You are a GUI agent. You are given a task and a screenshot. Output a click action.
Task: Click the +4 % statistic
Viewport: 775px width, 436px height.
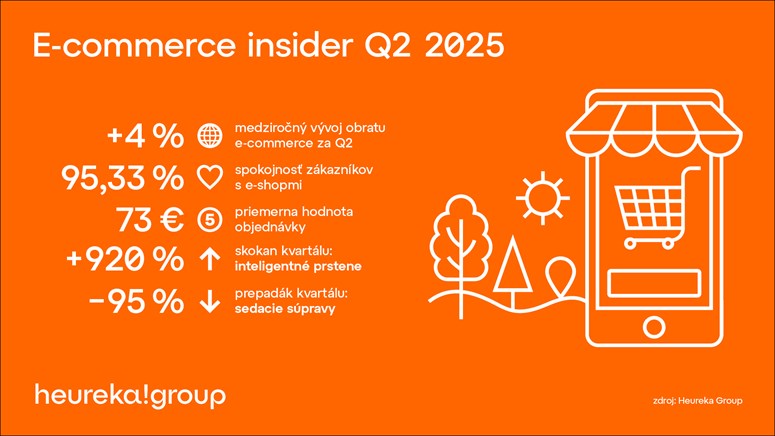tap(145, 136)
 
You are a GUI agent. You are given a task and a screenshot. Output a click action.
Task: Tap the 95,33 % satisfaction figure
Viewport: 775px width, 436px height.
tap(122, 178)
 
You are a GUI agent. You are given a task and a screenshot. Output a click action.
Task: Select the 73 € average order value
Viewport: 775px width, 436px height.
tap(150, 220)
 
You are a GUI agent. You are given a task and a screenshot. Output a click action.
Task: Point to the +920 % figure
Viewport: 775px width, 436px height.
tap(125, 259)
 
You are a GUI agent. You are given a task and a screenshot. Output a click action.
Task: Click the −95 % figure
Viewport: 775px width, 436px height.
tap(135, 301)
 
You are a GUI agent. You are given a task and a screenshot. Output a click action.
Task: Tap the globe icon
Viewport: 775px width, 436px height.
tap(210, 135)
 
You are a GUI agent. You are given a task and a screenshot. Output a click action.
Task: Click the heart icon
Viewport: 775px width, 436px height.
tap(210, 178)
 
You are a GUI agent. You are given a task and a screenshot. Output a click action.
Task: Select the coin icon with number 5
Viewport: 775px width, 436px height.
tap(210, 220)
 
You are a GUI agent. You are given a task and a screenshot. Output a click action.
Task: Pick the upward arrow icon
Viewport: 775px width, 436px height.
tap(210, 259)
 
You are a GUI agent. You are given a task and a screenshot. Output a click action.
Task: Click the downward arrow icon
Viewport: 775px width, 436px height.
tap(210, 301)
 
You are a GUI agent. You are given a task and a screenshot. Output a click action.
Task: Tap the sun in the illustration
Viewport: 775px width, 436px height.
tap(543, 198)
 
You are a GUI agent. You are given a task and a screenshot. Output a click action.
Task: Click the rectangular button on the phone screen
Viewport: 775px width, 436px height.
tap(654, 283)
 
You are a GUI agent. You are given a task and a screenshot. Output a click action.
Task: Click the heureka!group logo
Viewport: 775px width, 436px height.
tap(130, 395)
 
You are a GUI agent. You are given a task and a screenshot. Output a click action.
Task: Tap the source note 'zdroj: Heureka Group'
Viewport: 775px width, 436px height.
tap(697, 400)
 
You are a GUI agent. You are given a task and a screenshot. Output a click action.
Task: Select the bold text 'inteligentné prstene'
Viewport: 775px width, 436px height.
tap(298, 266)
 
